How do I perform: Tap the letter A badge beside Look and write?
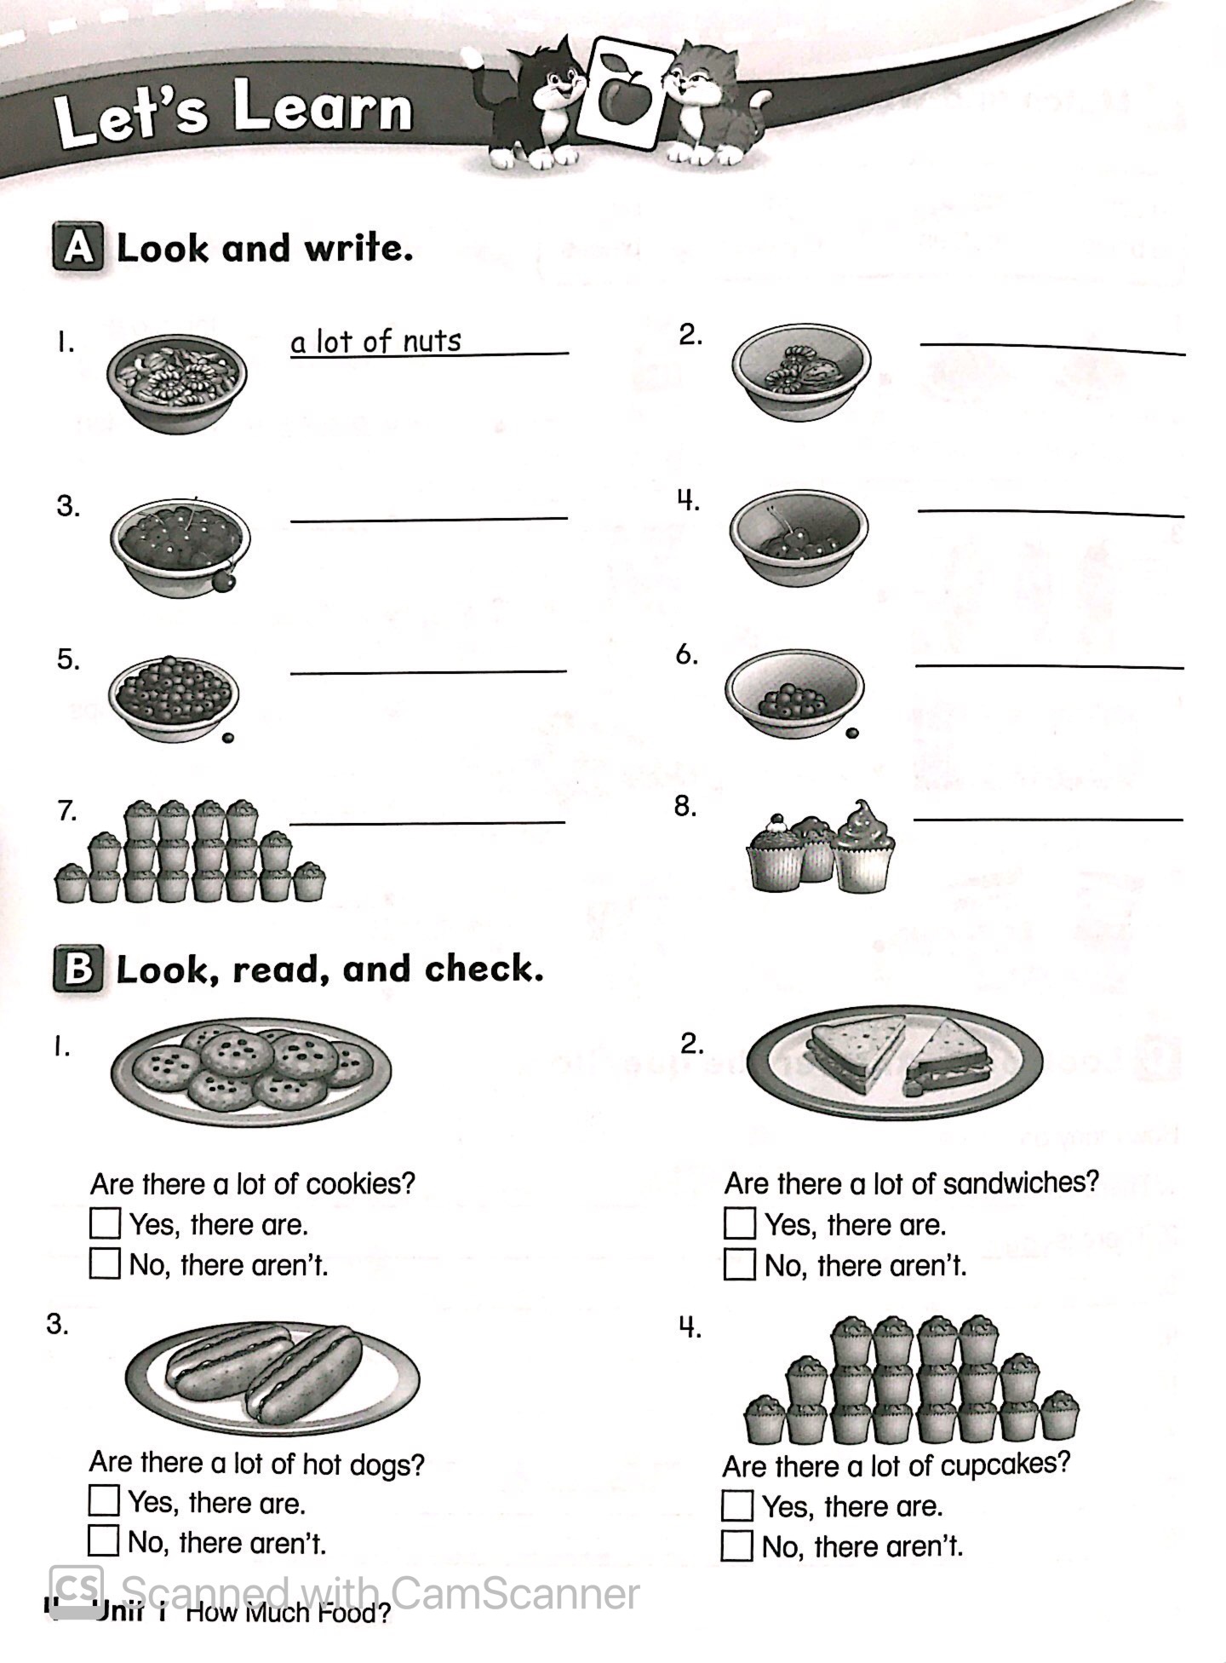(x=78, y=248)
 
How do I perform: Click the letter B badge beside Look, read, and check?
(x=78, y=970)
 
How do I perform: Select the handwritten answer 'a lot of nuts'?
(x=375, y=342)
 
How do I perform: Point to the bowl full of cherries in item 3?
(x=180, y=545)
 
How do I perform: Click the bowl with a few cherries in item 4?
(x=799, y=537)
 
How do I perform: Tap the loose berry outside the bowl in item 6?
(x=851, y=732)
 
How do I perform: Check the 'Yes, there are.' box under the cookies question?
(x=105, y=1224)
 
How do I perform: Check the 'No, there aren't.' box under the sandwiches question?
(x=739, y=1265)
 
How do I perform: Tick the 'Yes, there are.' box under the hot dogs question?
(x=103, y=1500)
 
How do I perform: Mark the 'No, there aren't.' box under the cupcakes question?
(x=736, y=1545)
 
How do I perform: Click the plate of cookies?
(x=251, y=1072)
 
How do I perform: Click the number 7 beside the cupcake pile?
(x=67, y=811)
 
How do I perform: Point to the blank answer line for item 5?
(x=428, y=671)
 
